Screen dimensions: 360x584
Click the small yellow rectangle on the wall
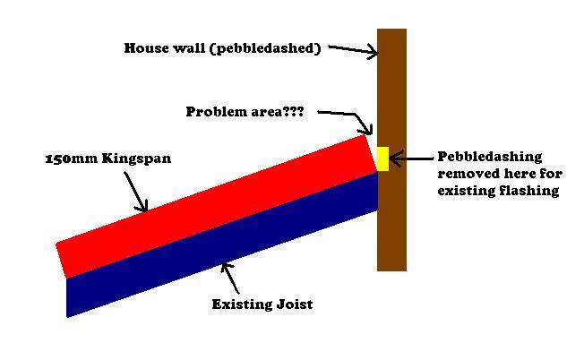coord(382,159)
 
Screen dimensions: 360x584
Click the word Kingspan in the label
coord(138,159)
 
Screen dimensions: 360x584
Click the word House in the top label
coord(145,48)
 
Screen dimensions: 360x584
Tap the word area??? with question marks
coord(279,112)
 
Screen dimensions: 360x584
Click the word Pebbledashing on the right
coord(489,157)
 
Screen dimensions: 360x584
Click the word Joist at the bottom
coord(293,304)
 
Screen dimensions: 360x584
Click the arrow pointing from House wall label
coord(353,50)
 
